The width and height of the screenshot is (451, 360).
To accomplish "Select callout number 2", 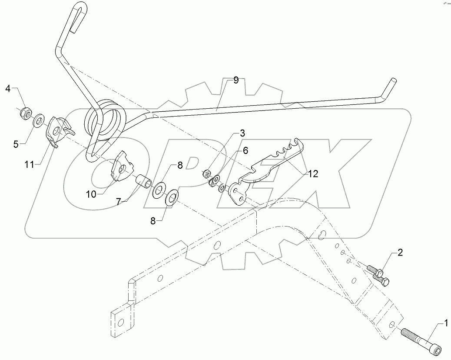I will coord(400,253).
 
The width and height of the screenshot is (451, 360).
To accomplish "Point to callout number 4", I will coord(8,89).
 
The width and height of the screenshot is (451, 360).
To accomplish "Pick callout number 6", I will coord(245,150).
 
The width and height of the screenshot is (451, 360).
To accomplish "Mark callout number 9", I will coord(235,80).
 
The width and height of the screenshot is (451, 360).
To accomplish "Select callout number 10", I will coord(91,194).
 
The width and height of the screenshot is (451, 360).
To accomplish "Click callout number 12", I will coord(313,173).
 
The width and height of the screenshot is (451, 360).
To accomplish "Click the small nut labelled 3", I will coord(207,173).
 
